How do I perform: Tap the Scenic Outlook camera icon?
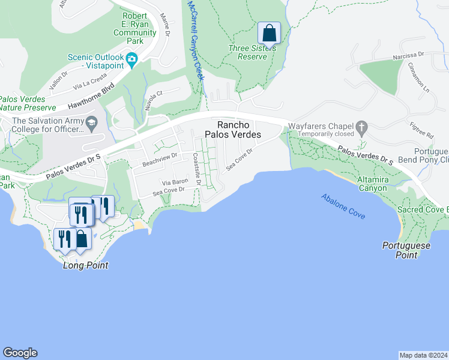click(x=132, y=58)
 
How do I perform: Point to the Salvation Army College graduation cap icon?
click(x=91, y=124)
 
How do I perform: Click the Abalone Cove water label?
click(x=343, y=207)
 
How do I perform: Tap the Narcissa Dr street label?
click(x=408, y=54)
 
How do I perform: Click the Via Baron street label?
click(x=175, y=181)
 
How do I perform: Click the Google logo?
click(x=20, y=353)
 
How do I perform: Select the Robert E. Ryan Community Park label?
click(x=139, y=29)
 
